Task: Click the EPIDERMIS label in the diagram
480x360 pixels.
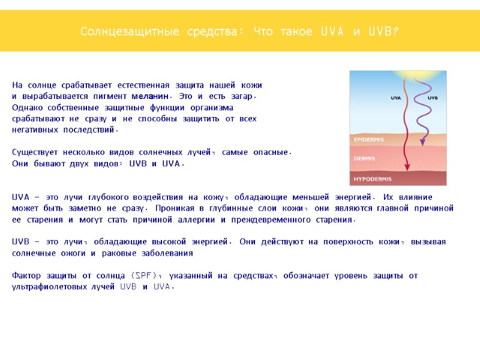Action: coord(369,139)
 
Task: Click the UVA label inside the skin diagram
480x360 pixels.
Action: coord(396,97)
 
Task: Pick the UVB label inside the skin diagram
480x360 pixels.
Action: coord(432,97)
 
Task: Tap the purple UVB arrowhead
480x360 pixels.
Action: coord(423,142)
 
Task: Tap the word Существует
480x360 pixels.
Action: coord(35,152)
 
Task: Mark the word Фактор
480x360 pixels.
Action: coord(28,275)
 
